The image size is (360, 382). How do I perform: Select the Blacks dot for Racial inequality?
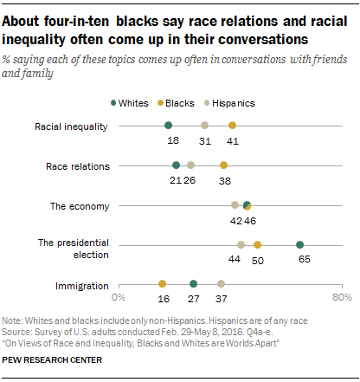click(x=232, y=125)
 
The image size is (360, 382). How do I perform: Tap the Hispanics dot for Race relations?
click(x=190, y=165)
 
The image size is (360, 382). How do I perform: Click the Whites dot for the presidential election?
click(x=299, y=245)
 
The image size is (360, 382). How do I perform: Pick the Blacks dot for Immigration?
click(x=162, y=283)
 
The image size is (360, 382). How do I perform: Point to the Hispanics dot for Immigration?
click(x=221, y=283)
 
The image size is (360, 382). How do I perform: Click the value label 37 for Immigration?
click(x=221, y=298)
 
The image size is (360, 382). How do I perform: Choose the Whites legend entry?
click(x=160, y=102)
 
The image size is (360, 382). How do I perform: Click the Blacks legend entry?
click(x=204, y=102)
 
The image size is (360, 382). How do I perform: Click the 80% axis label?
click(x=340, y=298)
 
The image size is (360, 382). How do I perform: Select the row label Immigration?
click(x=80, y=284)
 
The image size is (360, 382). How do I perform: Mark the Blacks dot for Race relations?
click(x=224, y=165)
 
